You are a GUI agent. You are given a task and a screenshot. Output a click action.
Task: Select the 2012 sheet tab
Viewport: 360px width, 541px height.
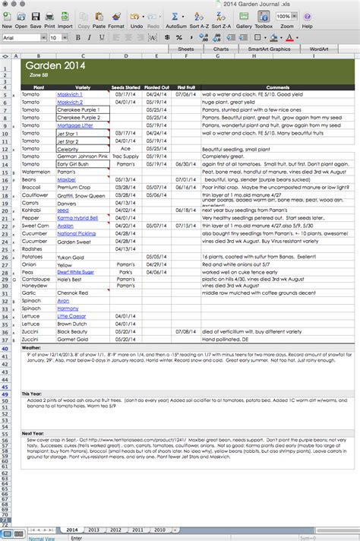click(115, 529)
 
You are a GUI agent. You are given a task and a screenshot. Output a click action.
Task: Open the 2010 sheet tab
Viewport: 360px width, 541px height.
click(159, 529)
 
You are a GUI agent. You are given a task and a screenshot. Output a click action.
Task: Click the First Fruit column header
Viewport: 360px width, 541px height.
click(187, 87)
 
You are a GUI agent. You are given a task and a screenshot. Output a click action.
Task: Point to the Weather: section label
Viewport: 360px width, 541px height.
click(32, 347)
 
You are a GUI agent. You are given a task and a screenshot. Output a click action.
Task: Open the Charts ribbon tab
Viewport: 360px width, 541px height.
click(221, 48)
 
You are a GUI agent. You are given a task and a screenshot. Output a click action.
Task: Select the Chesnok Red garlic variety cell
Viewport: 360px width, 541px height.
click(73, 292)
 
